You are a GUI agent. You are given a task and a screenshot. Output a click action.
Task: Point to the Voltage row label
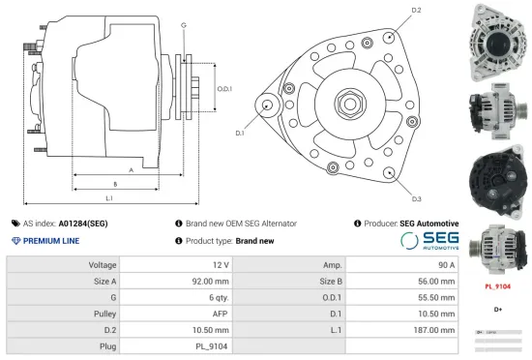(103, 264)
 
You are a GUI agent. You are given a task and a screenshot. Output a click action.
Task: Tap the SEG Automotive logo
(429, 240)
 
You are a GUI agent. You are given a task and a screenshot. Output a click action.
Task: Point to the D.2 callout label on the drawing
(416, 11)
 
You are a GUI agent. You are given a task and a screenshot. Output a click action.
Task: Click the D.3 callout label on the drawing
(416, 198)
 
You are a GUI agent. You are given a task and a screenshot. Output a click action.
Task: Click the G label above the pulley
(183, 24)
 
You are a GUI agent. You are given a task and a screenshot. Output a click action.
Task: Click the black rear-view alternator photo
(496, 179)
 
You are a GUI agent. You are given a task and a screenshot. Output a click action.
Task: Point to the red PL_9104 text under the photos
(497, 286)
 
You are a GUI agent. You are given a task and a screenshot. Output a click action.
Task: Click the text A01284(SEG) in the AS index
(83, 224)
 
